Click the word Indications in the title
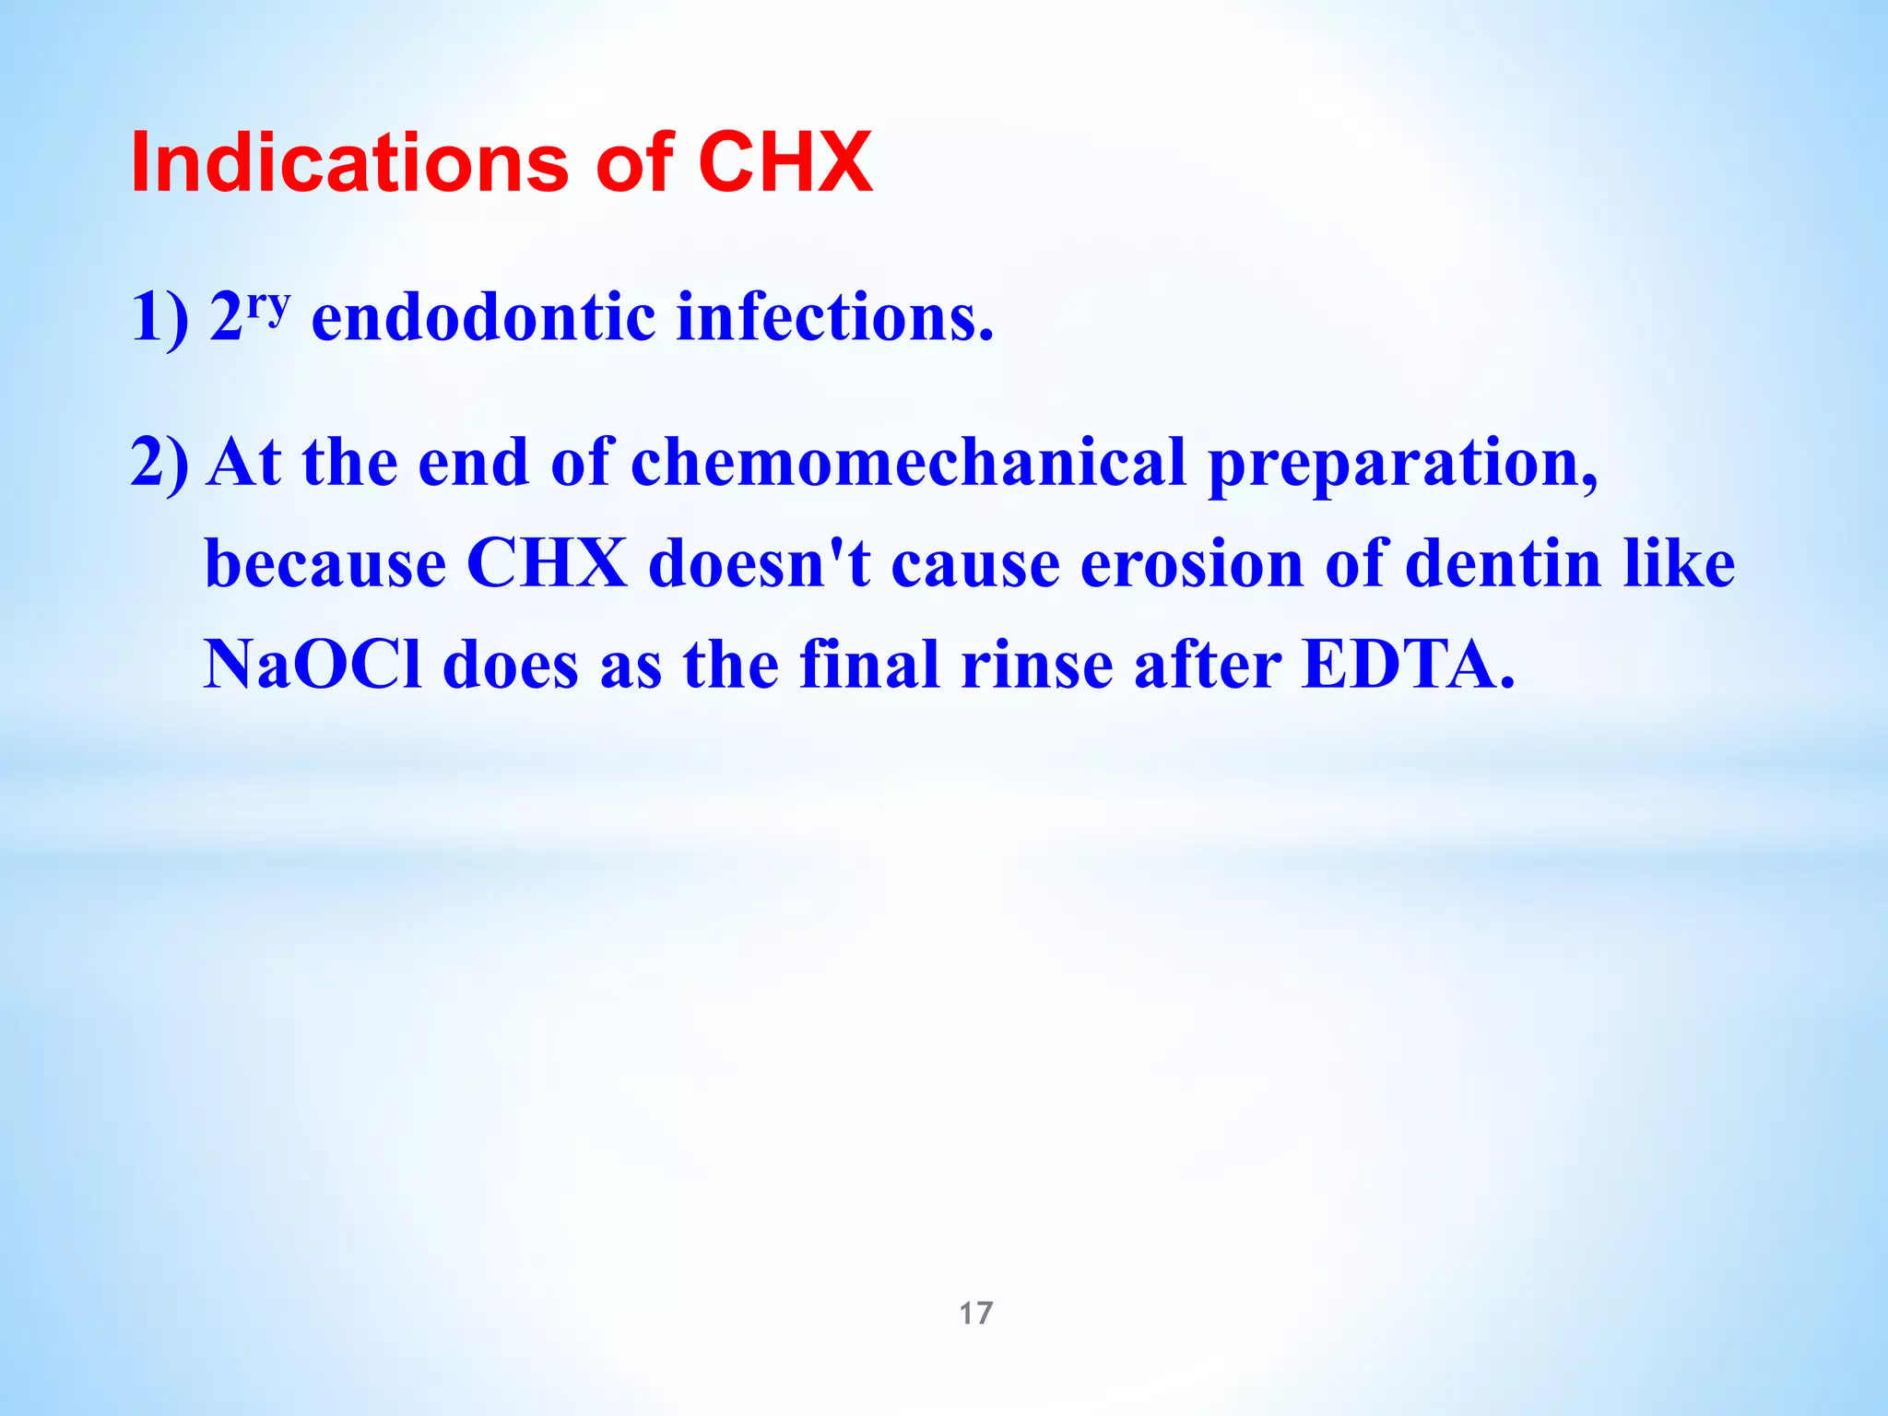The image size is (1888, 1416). click(x=351, y=163)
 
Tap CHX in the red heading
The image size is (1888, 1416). click(x=785, y=163)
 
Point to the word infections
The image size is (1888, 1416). click(x=835, y=317)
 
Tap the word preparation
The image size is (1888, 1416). click(x=1402, y=463)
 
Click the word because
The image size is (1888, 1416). click(x=324, y=563)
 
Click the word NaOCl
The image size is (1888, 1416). click(x=312, y=665)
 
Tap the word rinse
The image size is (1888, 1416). click(x=1036, y=665)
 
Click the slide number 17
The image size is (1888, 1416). click(x=976, y=1313)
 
